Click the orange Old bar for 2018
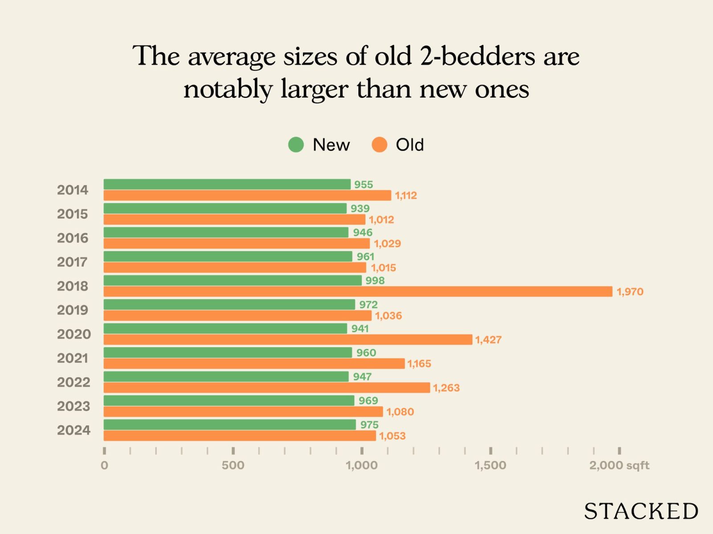358,291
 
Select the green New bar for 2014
227,184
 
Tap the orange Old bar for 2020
288,340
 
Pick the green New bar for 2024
229,425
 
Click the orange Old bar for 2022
266,388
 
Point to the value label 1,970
630,292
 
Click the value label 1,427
488,340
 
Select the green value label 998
375,281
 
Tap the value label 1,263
446,388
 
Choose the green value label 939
360,209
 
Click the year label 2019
73,310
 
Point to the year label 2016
73,238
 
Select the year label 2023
73,406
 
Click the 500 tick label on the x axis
233,465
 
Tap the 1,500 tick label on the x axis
490,465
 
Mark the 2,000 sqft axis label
619,465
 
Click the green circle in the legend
296,145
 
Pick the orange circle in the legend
379,145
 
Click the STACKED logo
641,511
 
